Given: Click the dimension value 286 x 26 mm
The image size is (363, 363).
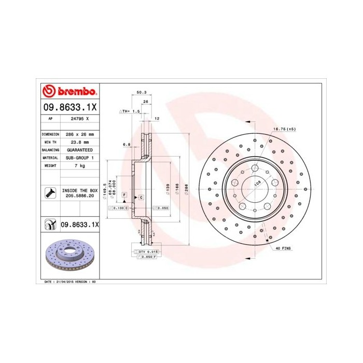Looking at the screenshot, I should point(80,134).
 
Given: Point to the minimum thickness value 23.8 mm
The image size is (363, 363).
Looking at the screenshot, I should point(79,142).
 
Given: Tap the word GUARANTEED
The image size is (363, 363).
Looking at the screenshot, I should point(79,149).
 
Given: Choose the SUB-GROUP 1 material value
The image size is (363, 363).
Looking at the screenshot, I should point(79,157).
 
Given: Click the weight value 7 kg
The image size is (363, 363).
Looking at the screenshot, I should point(79,165).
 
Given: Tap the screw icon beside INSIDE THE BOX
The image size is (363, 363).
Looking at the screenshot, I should point(49,194).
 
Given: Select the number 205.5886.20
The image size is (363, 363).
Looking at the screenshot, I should point(79,197).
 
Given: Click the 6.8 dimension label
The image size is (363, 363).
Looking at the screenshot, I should point(125,144).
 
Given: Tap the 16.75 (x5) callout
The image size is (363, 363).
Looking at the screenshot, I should point(285,129).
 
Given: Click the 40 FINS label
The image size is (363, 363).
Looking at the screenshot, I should point(283,248).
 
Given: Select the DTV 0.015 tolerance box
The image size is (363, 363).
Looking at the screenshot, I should point(145,252).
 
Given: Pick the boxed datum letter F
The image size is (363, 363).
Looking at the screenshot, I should point(125,194).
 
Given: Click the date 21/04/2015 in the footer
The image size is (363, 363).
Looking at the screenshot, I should point(64,281).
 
